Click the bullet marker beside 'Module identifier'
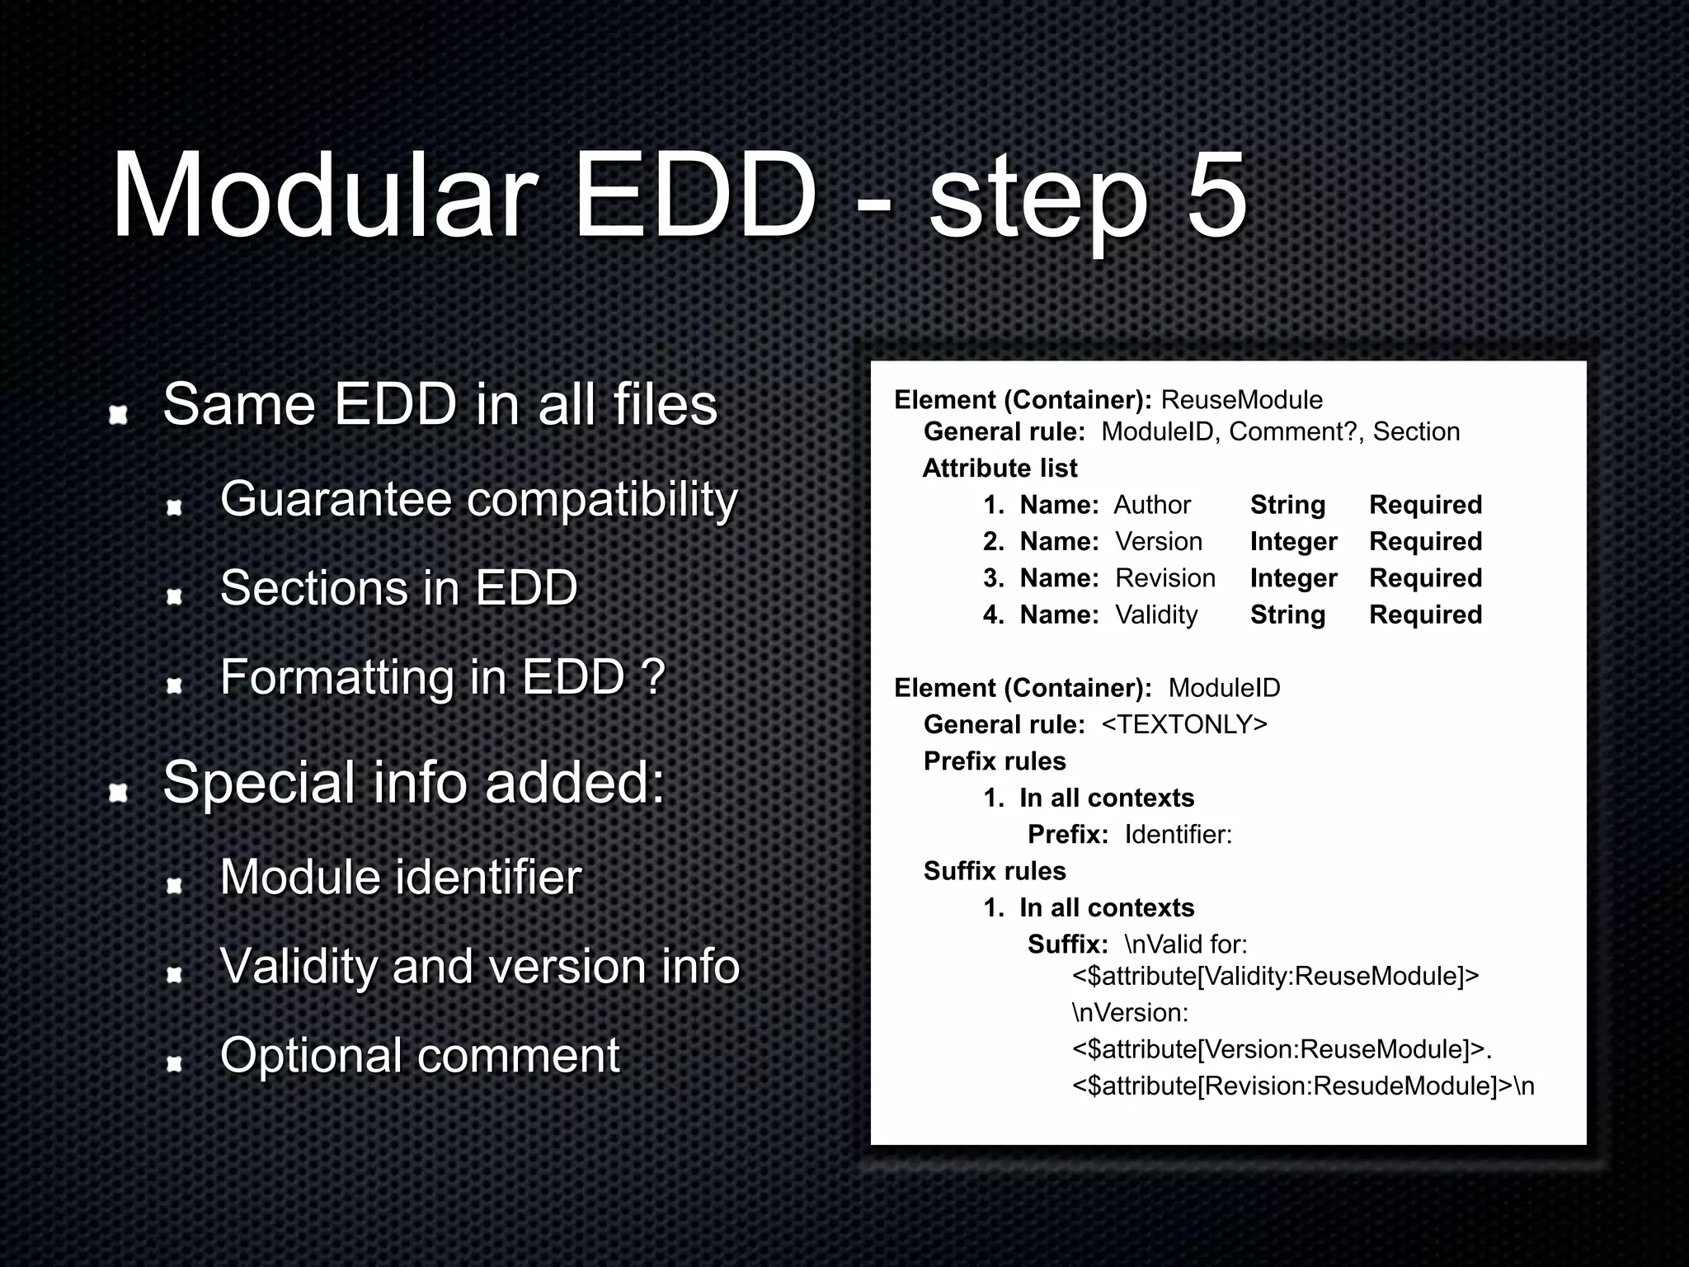pyautogui.click(x=174, y=886)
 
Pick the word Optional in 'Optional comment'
pyautogui.click(x=311, y=1055)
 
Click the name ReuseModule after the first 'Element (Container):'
pyautogui.click(x=1241, y=400)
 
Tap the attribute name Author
pyautogui.click(x=1152, y=505)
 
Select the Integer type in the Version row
pyautogui.click(x=1293, y=542)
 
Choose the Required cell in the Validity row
pyautogui.click(x=1425, y=615)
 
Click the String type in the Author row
pyautogui.click(x=1287, y=505)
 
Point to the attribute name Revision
pyautogui.click(x=1165, y=578)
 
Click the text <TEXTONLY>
pyautogui.click(x=1183, y=724)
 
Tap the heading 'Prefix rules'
pyautogui.click(x=995, y=761)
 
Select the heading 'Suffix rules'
pyautogui.click(x=995, y=871)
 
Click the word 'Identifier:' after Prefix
pyautogui.click(x=1178, y=835)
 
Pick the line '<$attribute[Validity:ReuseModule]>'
pyautogui.click(x=1275, y=977)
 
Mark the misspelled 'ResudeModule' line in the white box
pyautogui.click(x=1303, y=1086)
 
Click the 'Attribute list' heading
pyautogui.click(x=1000, y=469)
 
